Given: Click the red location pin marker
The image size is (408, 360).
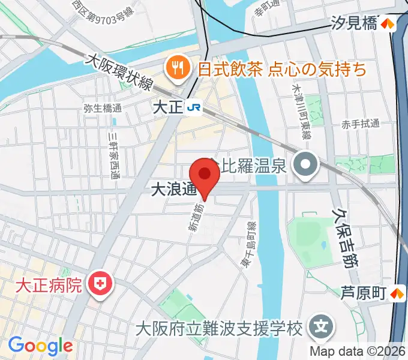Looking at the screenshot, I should click(x=205, y=175).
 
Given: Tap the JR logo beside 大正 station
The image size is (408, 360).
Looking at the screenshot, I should click(x=194, y=107).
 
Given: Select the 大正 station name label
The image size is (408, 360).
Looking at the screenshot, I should click(x=167, y=107).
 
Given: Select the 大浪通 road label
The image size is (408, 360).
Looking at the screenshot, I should click(x=173, y=190).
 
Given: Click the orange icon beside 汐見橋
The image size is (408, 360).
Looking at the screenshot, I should click(x=389, y=24).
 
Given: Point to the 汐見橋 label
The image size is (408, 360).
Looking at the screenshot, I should click(x=355, y=24).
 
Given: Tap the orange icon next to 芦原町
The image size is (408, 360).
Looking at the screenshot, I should click(x=396, y=293).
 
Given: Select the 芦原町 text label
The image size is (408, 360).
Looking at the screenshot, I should click(x=363, y=293).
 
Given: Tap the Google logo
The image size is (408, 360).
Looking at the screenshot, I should click(x=40, y=346).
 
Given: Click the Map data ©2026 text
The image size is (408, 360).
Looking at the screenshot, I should click(x=358, y=351).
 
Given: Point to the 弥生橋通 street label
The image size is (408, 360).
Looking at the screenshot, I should click(x=103, y=109).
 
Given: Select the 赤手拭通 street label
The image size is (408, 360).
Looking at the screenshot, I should click(x=361, y=124).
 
